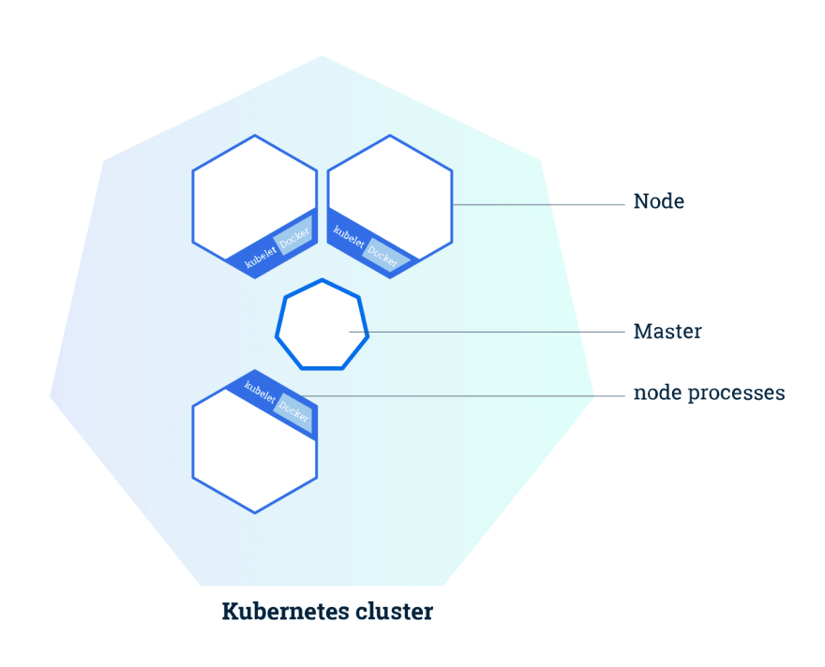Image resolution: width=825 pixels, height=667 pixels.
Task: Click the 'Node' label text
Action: (x=659, y=201)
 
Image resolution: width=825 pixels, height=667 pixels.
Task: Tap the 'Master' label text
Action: (x=667, y=332)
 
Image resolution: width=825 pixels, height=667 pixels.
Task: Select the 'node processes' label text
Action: (x=710, y=393)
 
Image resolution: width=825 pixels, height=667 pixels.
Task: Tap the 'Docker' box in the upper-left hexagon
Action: (x=294, y=235)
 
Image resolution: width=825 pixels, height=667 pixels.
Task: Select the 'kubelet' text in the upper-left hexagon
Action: (x=261, y=257)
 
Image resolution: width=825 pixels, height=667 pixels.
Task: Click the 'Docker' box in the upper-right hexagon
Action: (x=385, y=256)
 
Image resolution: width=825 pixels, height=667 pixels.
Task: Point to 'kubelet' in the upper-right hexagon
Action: (x=349, y=237)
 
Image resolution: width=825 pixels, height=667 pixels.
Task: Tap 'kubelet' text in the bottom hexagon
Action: (x=260, y=393)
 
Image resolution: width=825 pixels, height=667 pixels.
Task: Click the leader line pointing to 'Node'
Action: (x=538, y=204)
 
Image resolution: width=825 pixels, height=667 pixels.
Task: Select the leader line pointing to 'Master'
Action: (x=487, y=332)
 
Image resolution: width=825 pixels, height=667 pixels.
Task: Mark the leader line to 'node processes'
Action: (x=462, y=395)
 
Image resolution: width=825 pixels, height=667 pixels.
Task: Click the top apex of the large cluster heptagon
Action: (x=322, y=55)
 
